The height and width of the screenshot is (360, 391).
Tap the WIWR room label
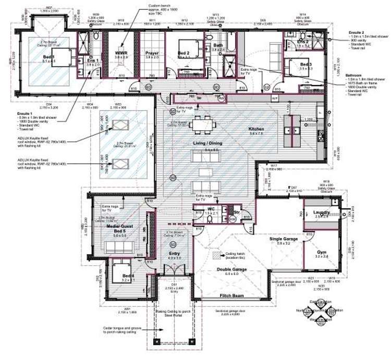120,53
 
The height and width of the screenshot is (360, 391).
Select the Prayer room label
151,53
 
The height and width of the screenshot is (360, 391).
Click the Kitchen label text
256,129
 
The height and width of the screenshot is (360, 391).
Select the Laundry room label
321,212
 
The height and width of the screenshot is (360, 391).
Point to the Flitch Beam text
233,295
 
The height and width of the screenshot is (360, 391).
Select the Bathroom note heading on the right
356,76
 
